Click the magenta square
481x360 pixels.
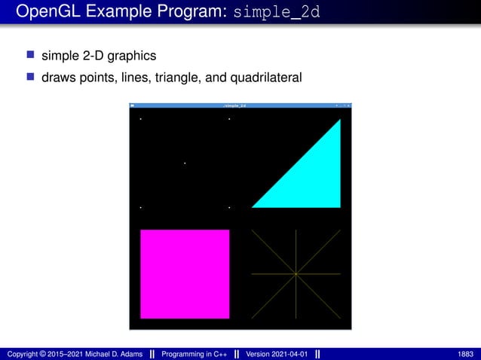click(185, 273)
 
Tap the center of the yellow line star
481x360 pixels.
click(296, 273)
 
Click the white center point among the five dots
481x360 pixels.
click(185, 163)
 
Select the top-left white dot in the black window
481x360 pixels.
click(140, 119)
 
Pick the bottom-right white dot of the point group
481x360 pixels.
click(229, 206)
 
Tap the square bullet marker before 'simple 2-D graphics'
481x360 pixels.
click(30, 55)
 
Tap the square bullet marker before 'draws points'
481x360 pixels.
click(30, 76)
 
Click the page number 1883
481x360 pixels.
click(465, 353)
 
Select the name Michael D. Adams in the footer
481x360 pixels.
click(109, 353)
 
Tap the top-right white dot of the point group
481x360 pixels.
click(229, 119)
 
